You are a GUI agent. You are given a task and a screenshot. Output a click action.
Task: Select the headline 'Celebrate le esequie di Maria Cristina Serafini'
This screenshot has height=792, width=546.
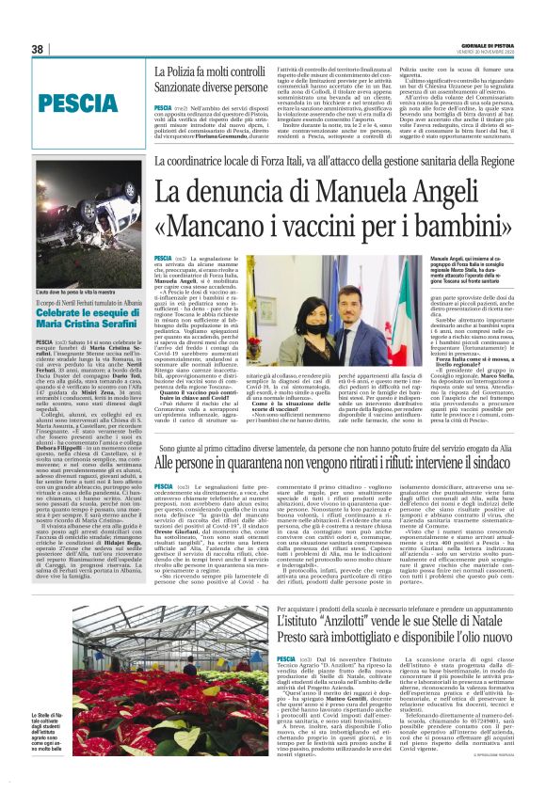[x=79, y=320]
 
